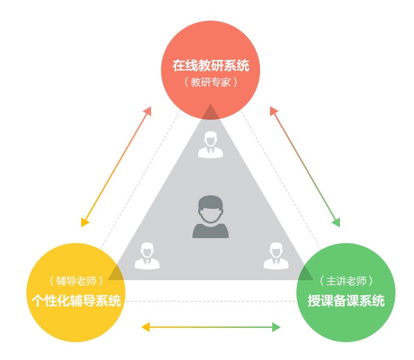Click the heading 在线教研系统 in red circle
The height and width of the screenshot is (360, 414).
(211, 66)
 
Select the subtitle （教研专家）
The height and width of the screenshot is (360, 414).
(211, 82)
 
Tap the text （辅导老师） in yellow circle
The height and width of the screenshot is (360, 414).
(76, 281)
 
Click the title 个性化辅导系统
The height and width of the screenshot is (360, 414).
(76, 300)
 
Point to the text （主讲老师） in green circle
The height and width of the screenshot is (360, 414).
(346, 281)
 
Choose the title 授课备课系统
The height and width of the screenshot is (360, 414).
(346, 300)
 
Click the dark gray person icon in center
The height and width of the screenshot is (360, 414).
(210, 217)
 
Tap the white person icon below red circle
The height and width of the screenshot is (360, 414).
(210, 145)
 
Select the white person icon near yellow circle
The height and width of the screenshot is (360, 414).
(147, 256)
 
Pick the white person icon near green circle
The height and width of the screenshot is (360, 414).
(276, 256)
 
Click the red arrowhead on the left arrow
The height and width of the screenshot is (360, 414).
(148, 110)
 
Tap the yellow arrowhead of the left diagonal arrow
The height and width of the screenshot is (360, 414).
(85, 222)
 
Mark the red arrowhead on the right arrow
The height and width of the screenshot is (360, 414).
(274, 110)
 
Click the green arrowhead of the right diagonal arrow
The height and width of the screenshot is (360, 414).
(336, 222)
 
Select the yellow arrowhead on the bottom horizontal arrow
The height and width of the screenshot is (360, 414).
(145, 327)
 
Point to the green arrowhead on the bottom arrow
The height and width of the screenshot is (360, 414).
(276, 327)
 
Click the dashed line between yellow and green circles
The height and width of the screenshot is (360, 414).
(211, 301)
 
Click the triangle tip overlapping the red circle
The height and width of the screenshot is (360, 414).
(210, 104)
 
